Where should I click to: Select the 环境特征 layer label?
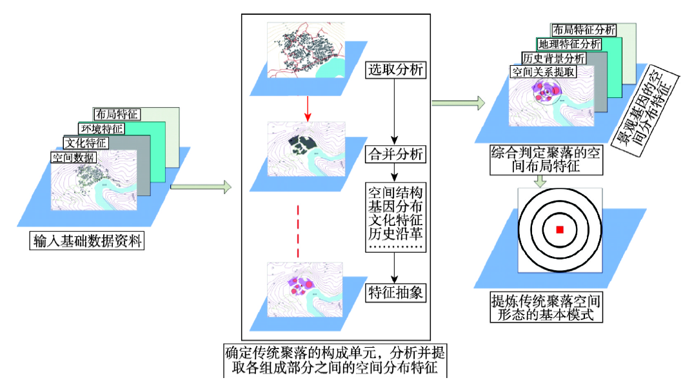click(x=101, y=128)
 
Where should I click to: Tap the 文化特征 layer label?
click(x=85, y=143)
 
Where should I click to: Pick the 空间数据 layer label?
click(x=72, y=157)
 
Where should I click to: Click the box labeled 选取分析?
click(x=395, y=69)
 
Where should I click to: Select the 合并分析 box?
click(x=395, y=154)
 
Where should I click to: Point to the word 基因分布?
click(x=395, y=206)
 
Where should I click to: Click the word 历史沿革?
click(x=395, y=234)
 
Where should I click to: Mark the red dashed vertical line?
click(x=298, y=231)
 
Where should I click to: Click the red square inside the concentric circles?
click(x=560, y=230)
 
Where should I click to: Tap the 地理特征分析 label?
click(x=569, y=44)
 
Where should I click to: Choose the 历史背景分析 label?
click(x=555, y=58)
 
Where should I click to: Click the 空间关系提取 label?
click(x=542, y=72)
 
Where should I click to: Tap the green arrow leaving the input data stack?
click(x=201, y=188)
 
